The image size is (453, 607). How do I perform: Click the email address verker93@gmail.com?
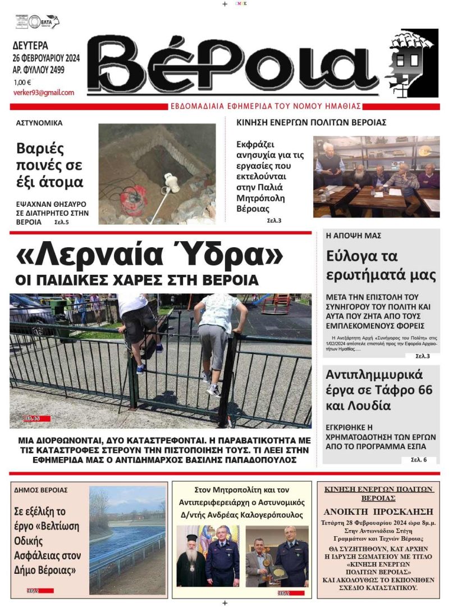pos(43,93)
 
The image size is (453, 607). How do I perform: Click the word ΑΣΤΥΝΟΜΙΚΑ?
pos(39,123)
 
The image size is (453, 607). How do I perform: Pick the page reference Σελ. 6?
pos(419,460)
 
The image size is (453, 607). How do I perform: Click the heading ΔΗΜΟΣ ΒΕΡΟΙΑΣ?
pos(41,490)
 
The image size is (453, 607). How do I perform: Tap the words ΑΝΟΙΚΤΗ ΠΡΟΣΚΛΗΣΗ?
pos(378,511)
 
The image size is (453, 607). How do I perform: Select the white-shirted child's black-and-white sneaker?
pos(213,391)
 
